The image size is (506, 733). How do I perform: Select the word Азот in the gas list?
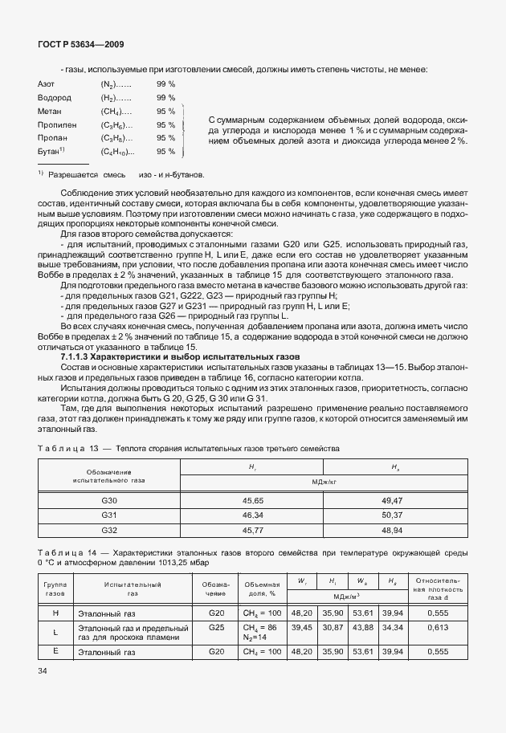click(46, 83)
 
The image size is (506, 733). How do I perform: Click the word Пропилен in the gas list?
click(54, 124)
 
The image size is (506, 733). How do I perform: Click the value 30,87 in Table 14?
click(333, 627)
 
